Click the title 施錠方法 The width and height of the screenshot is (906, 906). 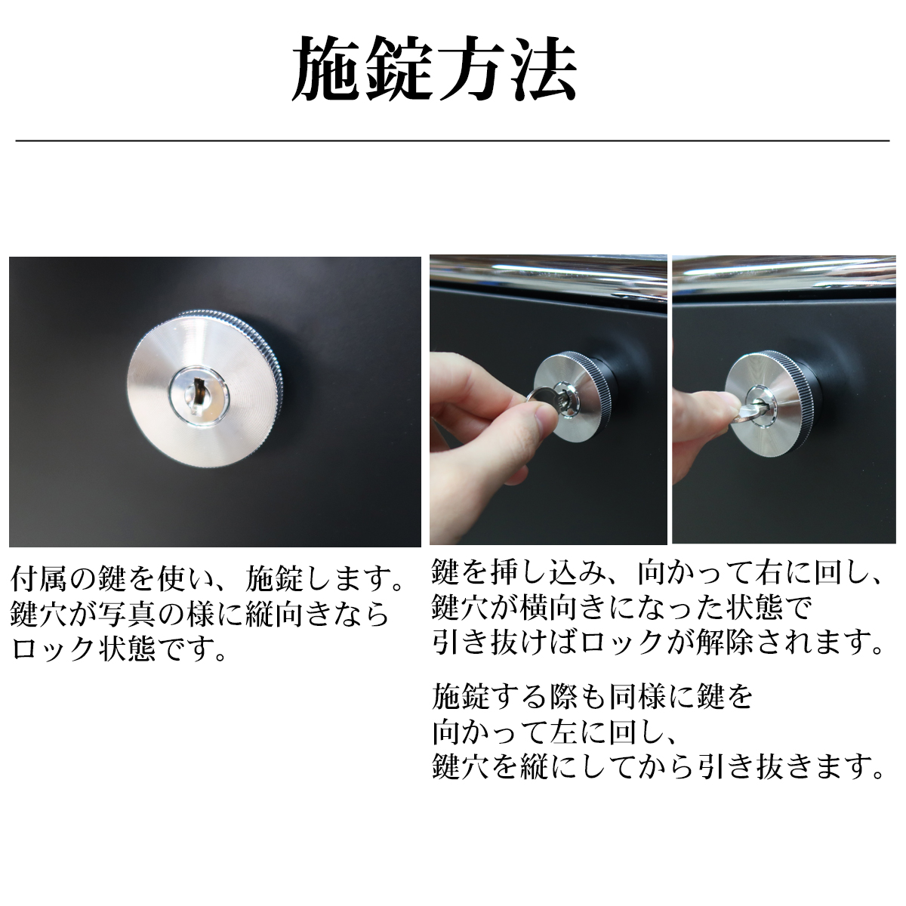coord(434,69)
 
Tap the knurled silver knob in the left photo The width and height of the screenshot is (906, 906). coord(205,388)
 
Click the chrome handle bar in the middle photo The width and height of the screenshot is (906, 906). coord(548,276)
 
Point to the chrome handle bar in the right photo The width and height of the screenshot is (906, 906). coord(784,277)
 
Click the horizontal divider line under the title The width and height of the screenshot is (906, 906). coord(452,140)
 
